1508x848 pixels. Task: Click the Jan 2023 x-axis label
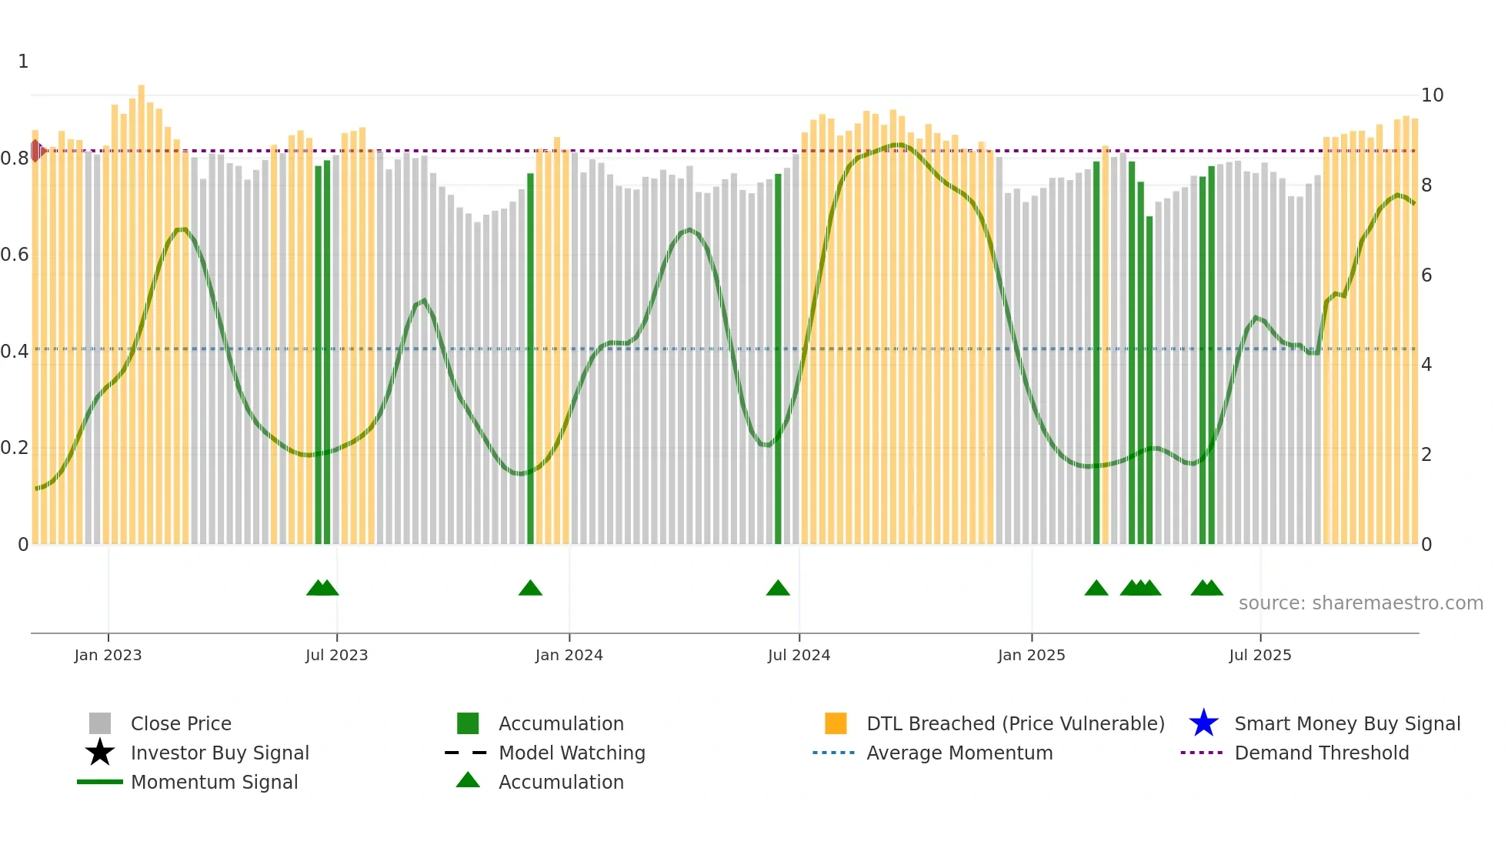[108, 655]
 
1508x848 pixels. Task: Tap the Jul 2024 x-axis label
[799, 655]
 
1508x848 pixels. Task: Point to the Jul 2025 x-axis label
[1259, 655]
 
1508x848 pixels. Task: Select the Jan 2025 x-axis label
[1031, 655]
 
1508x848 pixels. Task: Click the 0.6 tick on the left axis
[15, 255]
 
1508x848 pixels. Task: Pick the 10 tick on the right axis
[1432, 95]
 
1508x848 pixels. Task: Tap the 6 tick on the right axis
[1426, 275]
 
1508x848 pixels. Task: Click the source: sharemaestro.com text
[1360, 603]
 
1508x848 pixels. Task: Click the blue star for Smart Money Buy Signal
[1203, 723]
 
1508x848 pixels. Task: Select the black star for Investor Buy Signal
[100, 753]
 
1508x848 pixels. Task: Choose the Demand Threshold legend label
[1321, 753]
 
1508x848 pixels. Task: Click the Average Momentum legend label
[959, 753]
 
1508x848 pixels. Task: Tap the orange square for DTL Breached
[836, 723]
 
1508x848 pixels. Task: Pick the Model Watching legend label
[572, 753]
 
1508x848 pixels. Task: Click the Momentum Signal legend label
[214, 782]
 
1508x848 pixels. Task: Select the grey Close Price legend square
[100, 723]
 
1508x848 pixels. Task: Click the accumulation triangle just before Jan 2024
[530, 589]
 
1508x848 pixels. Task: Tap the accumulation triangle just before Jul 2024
[778, 589]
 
